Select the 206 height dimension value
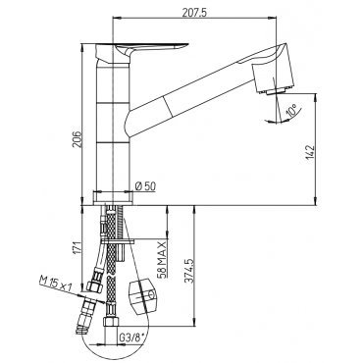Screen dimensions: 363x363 (x=77, y=139)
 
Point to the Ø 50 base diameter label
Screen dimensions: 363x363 (x=145, y=186)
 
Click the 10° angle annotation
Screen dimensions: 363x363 (x=291, y=110)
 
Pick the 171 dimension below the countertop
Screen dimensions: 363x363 (x=77, y=248)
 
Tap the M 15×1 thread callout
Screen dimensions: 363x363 (x=55, y=284)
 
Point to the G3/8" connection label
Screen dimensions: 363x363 (x=131, y=337)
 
